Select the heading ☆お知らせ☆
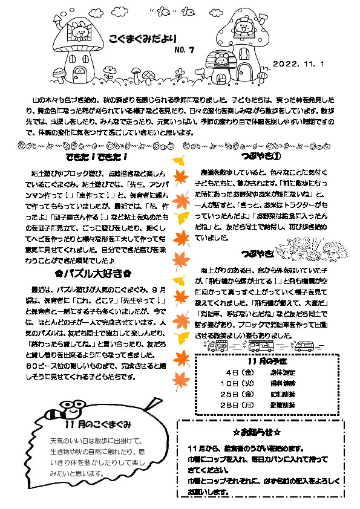258,434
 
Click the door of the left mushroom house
79,75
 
